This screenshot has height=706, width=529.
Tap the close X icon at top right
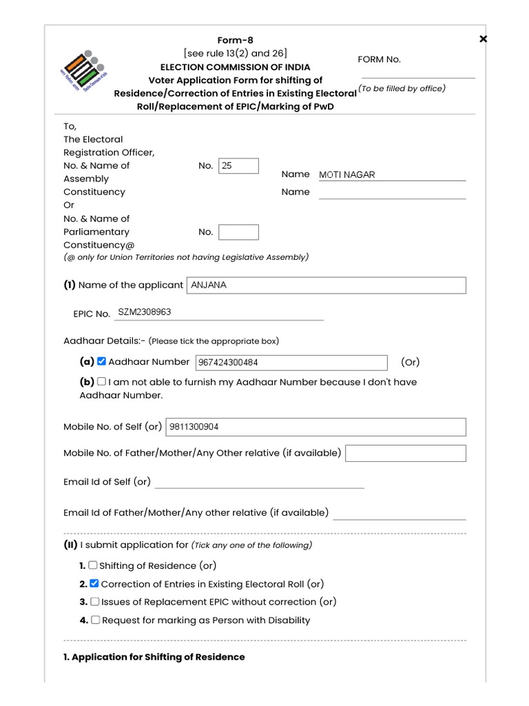pyautogui.click(x=483, y=39)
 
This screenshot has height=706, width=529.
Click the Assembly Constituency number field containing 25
pyautogui.click(x=238, y=166)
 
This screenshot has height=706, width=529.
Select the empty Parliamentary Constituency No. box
pyautogui.click(x=238, y=232)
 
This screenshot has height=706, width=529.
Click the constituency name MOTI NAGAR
pyautogui.click(x=347, y=175)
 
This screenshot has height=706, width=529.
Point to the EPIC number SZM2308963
pyautogui.click(x=145, y=312)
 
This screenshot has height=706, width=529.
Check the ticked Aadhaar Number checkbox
pyautogui.click(x=101, y=361)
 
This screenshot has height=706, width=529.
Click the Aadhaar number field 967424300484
pyautogui.click(x=291, y=363)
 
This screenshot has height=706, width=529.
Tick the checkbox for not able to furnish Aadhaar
pyautogui.click(x=101, y=381)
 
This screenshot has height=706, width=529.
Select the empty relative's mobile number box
pyautogui.click(x=405, y=453)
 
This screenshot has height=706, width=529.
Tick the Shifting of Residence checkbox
pyautogui.click(x=93, y=565)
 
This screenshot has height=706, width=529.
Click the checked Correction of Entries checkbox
pyautogui.click(x=94, y=583)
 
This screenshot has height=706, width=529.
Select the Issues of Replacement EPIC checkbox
pyautogui.click(x=94, y=601)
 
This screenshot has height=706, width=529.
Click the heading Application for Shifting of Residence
pyautogui.click(x=154, y=657)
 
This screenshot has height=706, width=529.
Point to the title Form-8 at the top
pyautogui.click(x=236, y=40)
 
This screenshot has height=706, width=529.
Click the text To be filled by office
pyautogui.click(x=402, y=88)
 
